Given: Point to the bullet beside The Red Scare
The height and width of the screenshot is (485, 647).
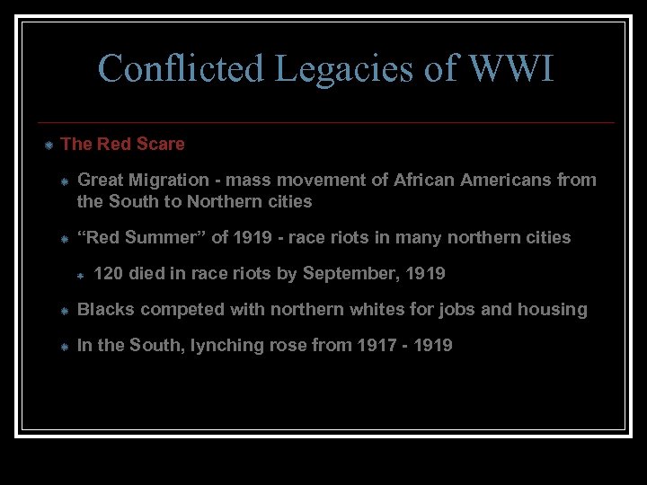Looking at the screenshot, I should (49, 145).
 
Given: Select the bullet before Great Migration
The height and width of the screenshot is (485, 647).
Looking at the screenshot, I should (65, 181).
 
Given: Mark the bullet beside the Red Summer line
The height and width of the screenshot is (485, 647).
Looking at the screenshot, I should (65, 239).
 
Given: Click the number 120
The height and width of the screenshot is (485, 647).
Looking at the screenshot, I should (108, 273).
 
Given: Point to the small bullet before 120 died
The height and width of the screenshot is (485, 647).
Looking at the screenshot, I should (80, 275).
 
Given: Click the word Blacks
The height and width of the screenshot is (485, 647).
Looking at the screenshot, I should (105, 309).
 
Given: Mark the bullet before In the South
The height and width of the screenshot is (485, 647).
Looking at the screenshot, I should (65, 347).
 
